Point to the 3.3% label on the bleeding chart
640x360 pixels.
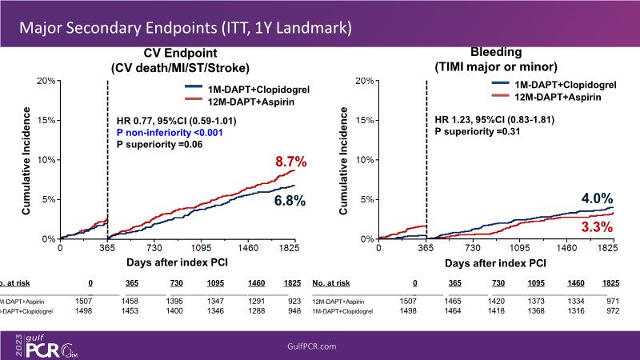596,229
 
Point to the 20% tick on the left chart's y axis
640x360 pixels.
46,81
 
